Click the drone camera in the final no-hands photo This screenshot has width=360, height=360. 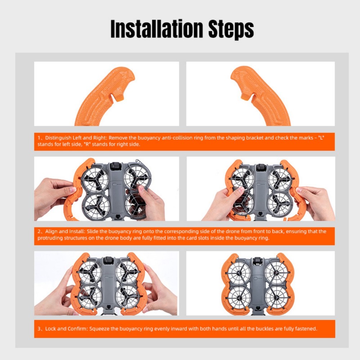[257, 262]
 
